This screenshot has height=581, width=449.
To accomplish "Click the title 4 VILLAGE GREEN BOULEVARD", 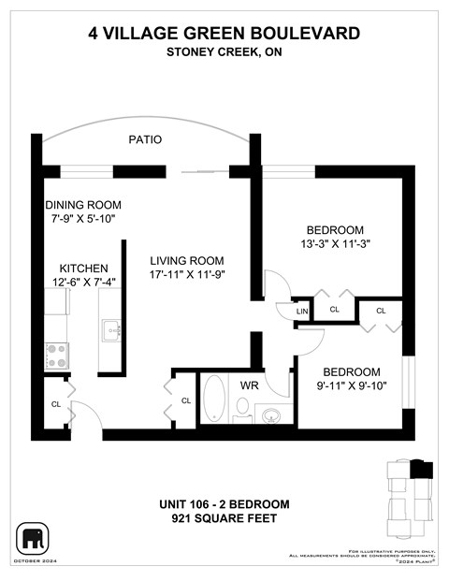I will [224, 34].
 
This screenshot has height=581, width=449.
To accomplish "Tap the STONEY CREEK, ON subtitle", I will [224, 52].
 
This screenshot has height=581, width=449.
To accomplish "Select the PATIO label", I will [145, 139].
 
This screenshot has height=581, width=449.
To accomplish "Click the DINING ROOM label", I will [83, 205].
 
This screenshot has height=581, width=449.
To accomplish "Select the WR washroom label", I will [249, 385].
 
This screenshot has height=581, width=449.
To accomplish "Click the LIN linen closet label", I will [302, 312].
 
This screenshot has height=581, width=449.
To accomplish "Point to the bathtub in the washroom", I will [213, 399].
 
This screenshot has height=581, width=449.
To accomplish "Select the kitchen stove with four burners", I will [57, 355].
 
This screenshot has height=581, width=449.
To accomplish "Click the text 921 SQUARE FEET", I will [224, 518].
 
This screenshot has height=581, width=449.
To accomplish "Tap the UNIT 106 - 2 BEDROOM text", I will [224, 504].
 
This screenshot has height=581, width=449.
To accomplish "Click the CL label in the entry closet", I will [56, 404].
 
